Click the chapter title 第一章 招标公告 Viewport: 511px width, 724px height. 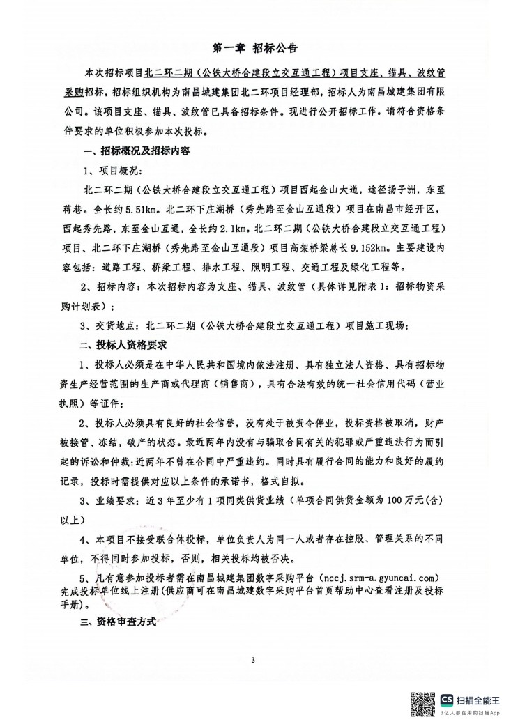[254, 49]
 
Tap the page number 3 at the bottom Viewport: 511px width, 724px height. [255, 658]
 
